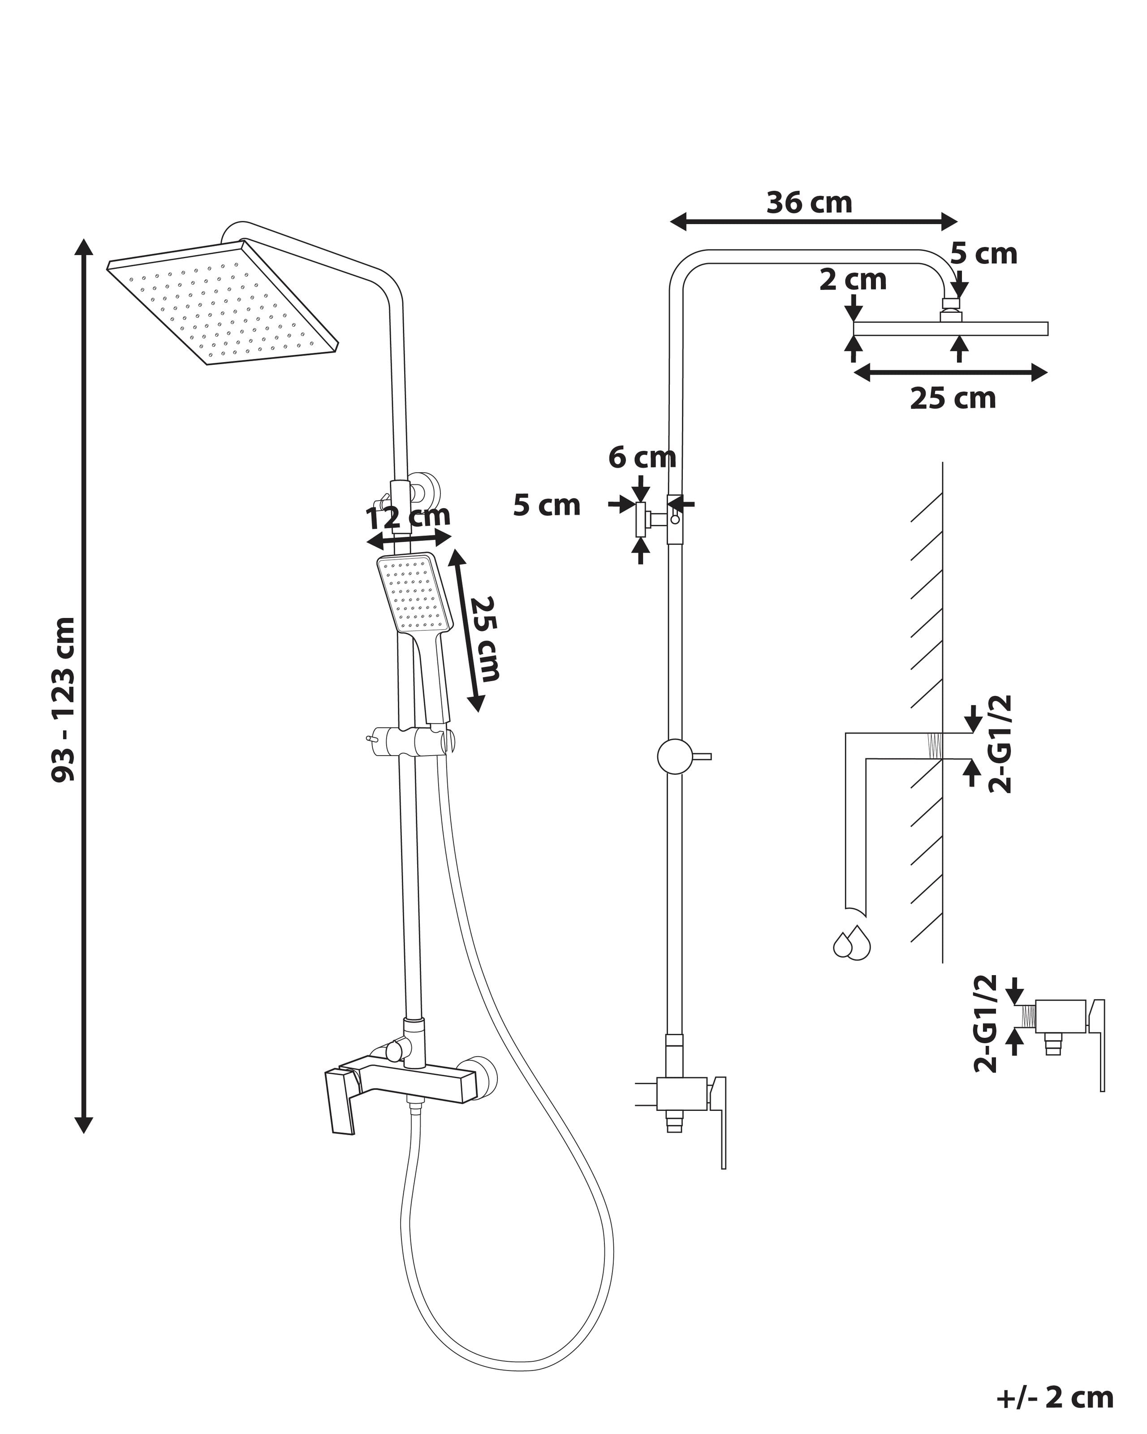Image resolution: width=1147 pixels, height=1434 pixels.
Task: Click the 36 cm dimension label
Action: [x=809, y=203]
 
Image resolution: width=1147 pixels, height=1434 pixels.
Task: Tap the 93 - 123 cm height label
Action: [x=65, y=698]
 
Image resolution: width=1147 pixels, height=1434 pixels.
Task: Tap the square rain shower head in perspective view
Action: [x=223, y=302]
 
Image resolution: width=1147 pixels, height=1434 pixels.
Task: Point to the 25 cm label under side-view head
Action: [x=952, y=398]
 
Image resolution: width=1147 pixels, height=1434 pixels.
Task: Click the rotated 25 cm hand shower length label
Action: [x=484, y=639]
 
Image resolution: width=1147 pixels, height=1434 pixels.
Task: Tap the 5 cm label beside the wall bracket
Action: [x=547, y=506]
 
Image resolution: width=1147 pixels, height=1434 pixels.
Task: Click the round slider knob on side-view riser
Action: [x=675, y=756]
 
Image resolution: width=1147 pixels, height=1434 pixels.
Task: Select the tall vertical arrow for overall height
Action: [x=83, y=685]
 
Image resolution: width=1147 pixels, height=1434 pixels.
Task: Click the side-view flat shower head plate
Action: [x=950, y=328]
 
